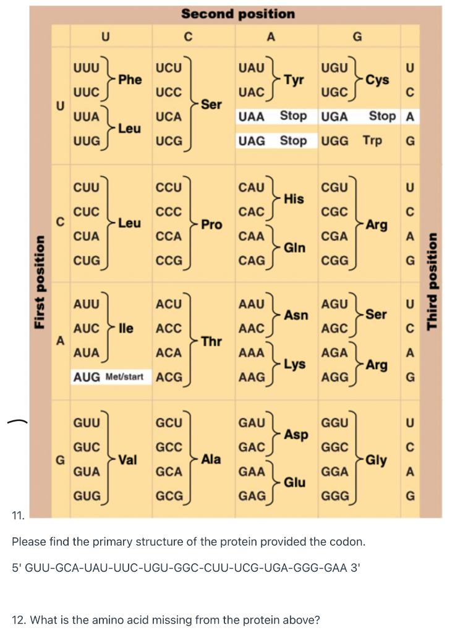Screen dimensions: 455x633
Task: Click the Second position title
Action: coord(237,14)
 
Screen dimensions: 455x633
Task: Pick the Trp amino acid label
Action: coord(372,140)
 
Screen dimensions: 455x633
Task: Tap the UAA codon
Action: coord(252,116)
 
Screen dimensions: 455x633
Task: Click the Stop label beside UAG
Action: coord(293,140)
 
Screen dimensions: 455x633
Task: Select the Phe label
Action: coord(130,79)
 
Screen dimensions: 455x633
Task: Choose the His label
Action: coord(294,198)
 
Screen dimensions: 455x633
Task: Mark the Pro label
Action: coord(211,224)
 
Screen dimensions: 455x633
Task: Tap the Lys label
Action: coord(294,365)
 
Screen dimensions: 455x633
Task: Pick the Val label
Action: coord(128,459)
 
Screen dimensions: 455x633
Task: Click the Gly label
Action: coord(376,459)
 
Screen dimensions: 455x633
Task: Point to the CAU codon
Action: coord(252,187)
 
